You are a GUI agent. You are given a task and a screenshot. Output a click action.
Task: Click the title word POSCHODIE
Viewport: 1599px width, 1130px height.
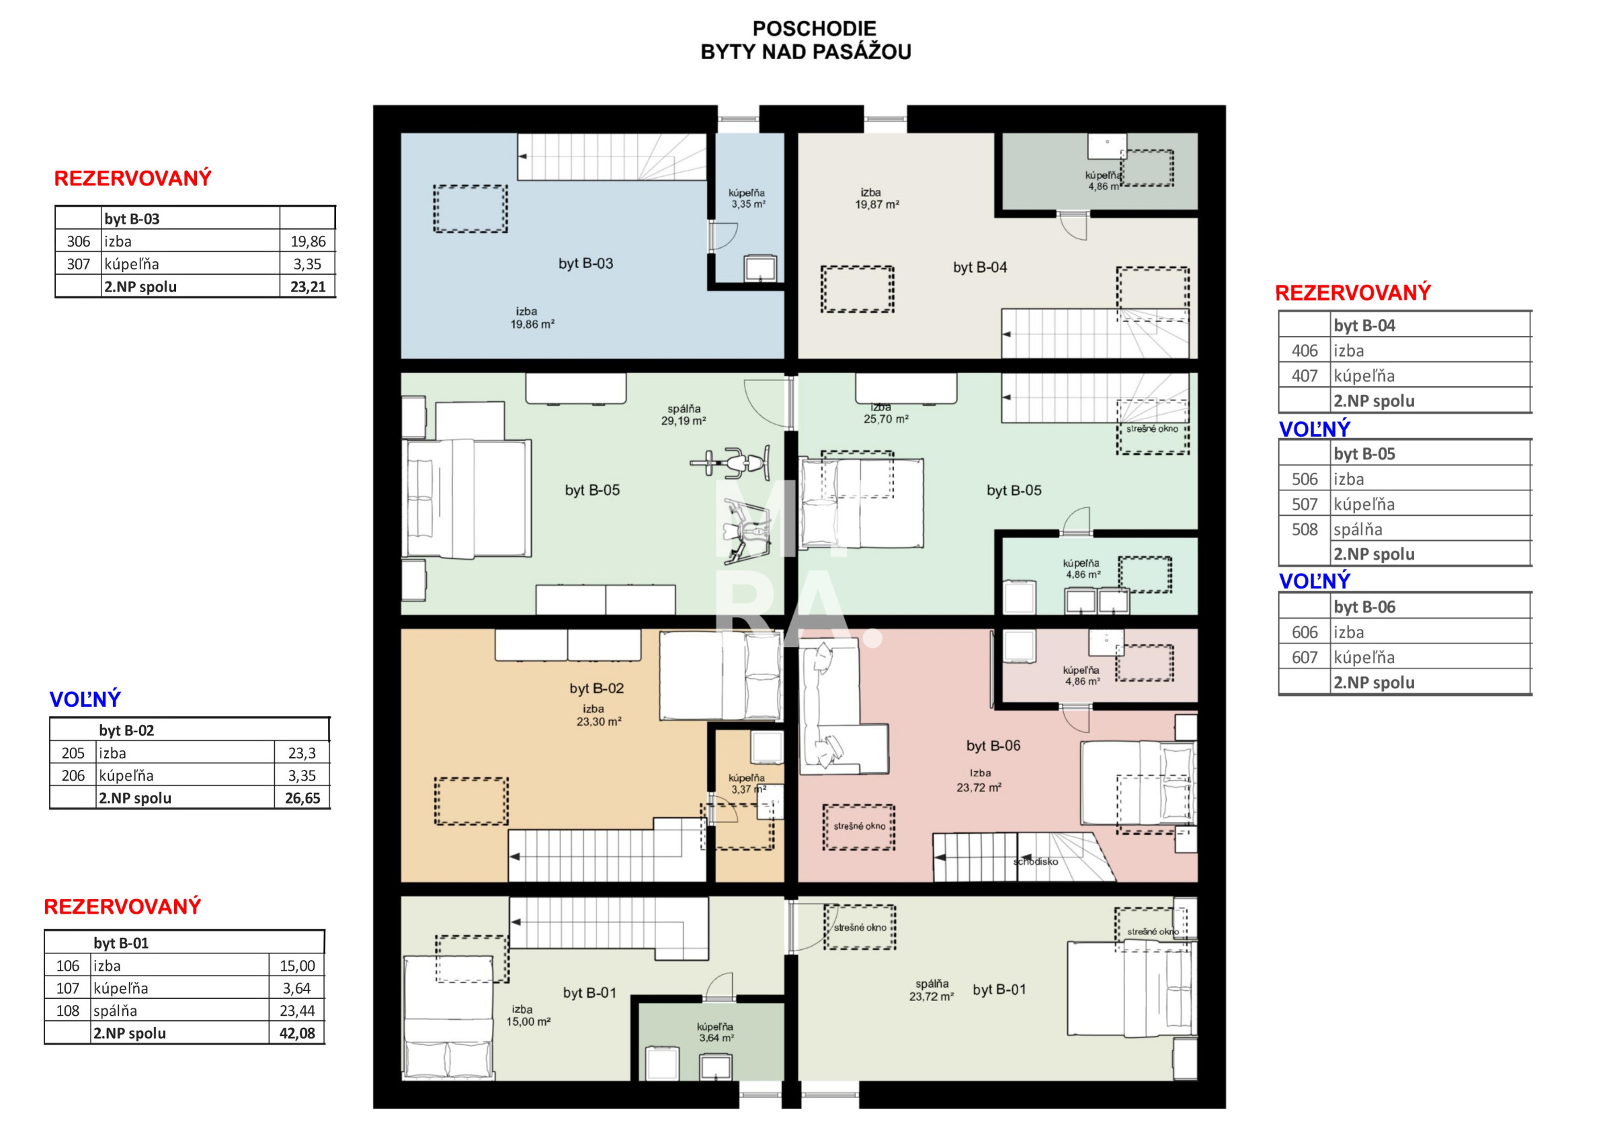(x=814, y=28)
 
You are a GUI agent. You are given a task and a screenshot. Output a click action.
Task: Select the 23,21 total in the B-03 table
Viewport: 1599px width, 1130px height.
(x=308, y=287)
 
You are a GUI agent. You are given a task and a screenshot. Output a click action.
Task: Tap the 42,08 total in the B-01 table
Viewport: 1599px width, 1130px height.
(x=297, y=1033)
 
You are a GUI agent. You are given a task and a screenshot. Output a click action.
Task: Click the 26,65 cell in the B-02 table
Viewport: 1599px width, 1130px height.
(x=303, y=798)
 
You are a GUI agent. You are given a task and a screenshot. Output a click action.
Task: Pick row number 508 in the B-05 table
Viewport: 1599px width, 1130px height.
(x=1305, y=529)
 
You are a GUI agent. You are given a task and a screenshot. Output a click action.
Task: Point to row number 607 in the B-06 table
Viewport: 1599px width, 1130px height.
(x=1305, y=657)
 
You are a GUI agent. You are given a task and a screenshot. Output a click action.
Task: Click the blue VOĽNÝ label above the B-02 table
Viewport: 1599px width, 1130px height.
(x=85, y=699)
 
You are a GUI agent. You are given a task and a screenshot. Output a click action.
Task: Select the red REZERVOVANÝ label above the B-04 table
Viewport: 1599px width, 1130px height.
(x=1352, y=292)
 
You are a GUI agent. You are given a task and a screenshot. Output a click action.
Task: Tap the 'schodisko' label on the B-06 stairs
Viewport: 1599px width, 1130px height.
(x=1036, y=861)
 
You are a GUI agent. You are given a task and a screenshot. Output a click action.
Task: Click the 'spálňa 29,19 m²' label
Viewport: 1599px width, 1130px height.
(x=683, y=415)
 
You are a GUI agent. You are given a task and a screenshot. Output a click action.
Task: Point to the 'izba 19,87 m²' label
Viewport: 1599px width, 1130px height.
(x=877, y=198)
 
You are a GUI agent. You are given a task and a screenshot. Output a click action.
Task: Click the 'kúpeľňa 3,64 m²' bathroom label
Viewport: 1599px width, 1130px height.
(x=716, y=1032)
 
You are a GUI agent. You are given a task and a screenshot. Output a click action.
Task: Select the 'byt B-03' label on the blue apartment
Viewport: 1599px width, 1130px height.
(x=585, y=264)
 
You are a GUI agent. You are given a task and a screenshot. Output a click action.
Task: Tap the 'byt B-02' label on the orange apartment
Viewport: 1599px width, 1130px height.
(x=596, y=689)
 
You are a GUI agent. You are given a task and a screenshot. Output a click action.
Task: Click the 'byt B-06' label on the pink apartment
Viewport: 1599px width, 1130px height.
(x=993, y=746)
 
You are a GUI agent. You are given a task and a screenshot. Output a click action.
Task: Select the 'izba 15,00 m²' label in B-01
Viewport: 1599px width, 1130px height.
(x=528, y=1016)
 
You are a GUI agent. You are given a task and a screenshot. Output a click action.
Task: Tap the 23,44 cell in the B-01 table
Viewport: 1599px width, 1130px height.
(x=297, y=1010)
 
